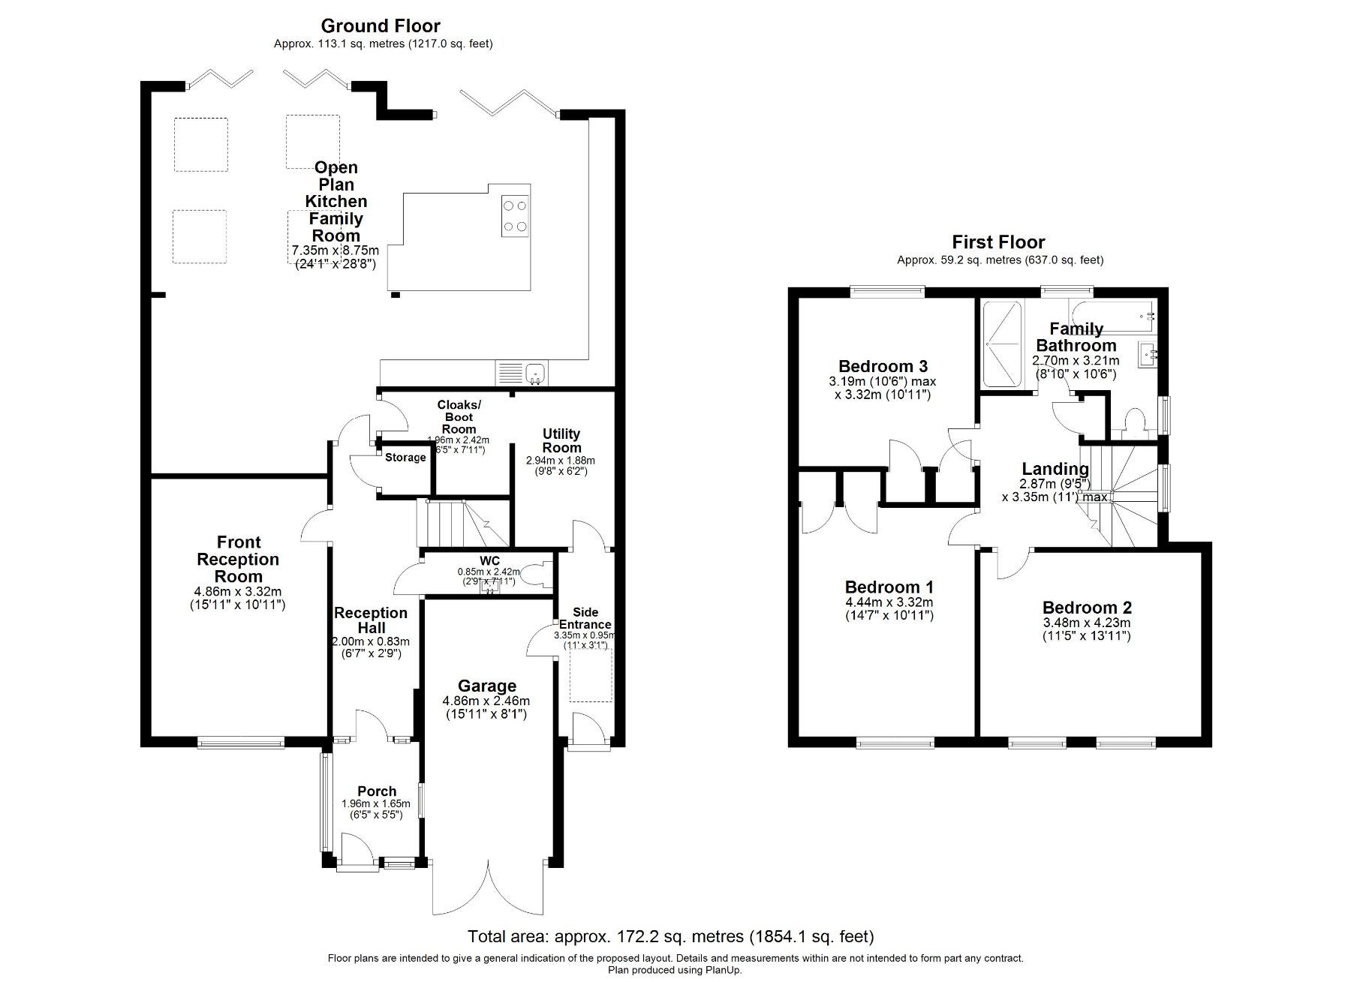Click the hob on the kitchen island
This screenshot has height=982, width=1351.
pos(515,215)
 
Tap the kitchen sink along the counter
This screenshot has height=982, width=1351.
pos(535,371)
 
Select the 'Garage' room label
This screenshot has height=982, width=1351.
pos(487,686)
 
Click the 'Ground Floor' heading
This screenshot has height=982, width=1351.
pos(381,26)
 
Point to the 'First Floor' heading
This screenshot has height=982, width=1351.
pos(998,242)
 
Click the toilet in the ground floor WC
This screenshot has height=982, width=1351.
pos(535,575)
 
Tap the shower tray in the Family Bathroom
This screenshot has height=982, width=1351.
pos(1003,344)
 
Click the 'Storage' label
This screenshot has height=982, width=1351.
pos(405,458)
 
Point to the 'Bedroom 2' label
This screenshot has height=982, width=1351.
pos(1087,608)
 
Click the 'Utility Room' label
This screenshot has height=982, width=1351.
pos(561,440)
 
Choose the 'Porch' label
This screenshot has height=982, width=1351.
pos(377,791)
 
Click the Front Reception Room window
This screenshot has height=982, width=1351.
pos(241,743)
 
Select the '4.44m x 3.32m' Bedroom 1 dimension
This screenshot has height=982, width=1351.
pos(889,602)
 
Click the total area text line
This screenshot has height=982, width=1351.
pos(670,936)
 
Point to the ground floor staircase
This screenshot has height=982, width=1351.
pos(462,523)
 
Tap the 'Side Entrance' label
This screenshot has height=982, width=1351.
pos(585,618)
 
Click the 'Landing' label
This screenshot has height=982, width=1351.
pos(1055,470)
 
